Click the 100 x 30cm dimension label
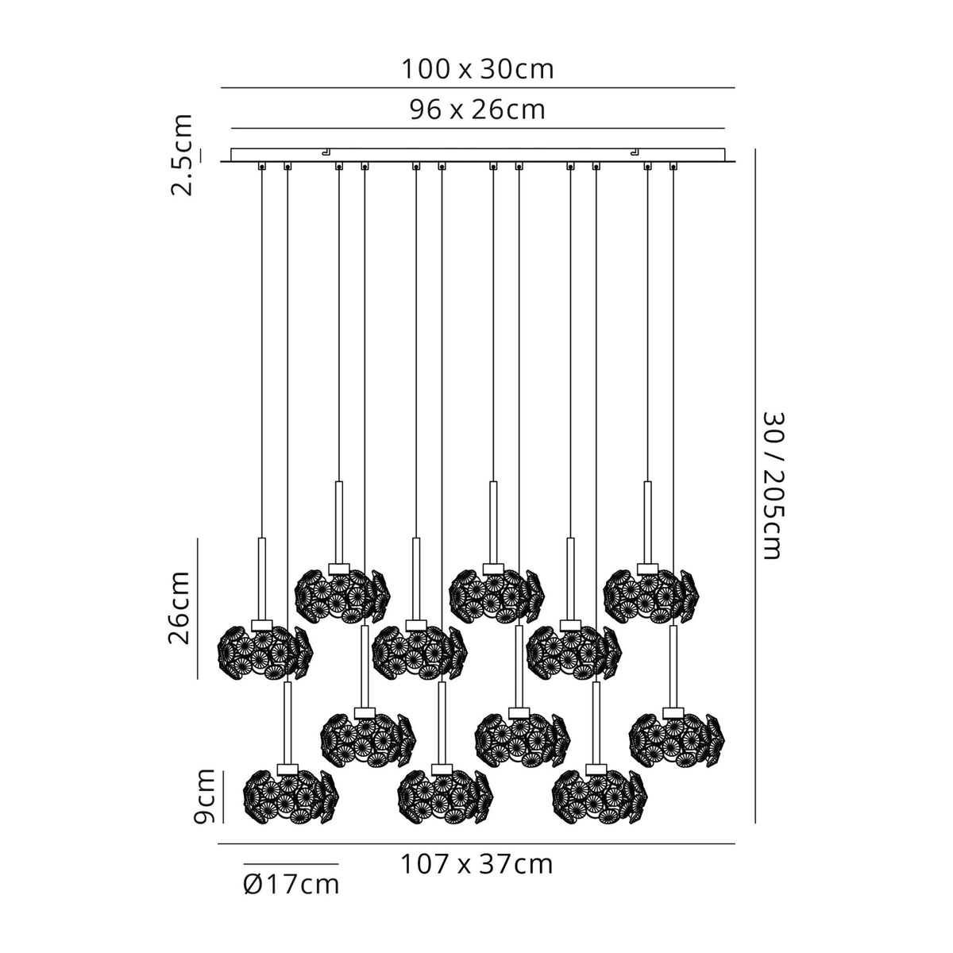point(477,70)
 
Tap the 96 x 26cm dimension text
point(477,110)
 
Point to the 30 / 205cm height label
point(772,485)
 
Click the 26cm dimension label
point(179,608)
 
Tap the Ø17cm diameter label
point(291,883)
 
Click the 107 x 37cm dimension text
point(476,863)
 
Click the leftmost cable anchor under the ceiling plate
point(261,167)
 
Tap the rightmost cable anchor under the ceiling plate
point(673,167)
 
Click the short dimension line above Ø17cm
point(291,863)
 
